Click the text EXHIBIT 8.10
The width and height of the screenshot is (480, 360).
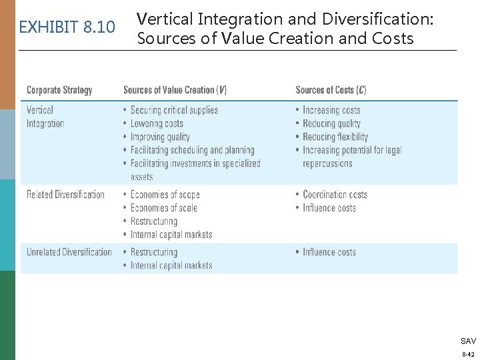(x=67, y=27)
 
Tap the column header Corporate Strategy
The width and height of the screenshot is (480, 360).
(x=59, y=90)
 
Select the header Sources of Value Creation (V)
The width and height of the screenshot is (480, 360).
(x=179, y=90)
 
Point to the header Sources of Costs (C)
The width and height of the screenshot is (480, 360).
(x=331, y=90)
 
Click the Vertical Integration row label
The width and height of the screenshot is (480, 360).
(x=45, y=117)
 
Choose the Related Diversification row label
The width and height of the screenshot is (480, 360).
(x=65, y=195)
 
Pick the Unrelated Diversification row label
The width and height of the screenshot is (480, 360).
(x=69, y=252)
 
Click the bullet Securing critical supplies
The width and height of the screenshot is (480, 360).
(x=174, y=110)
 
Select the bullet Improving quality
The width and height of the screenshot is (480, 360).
(x=160, y=137)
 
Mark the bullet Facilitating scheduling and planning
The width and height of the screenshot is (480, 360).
(x=192, y=150)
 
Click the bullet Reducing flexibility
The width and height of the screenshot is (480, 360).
(x=335, y=137)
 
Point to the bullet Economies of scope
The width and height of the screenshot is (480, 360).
(x=165, y=195)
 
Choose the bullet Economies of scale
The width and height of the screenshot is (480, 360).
(x=163, y=208)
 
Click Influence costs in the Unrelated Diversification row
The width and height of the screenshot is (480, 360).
(x=329, y=252)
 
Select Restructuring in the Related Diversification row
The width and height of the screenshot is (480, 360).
(x=154, y=221)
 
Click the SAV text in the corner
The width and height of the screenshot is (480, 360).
(x=468, y=341)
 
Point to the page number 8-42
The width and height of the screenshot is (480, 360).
(x=468, y=354)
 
